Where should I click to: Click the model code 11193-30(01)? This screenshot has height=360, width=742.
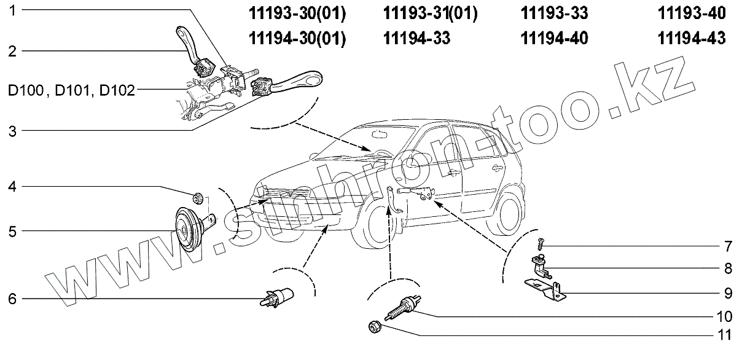297,13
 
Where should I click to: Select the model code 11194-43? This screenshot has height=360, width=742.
691,38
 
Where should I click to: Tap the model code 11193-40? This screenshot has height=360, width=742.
691,13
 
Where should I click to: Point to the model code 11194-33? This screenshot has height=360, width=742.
416,38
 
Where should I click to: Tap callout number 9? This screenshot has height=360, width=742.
727,292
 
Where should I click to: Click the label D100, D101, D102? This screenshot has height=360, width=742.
71,90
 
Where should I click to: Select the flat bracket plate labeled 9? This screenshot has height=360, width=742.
545,288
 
